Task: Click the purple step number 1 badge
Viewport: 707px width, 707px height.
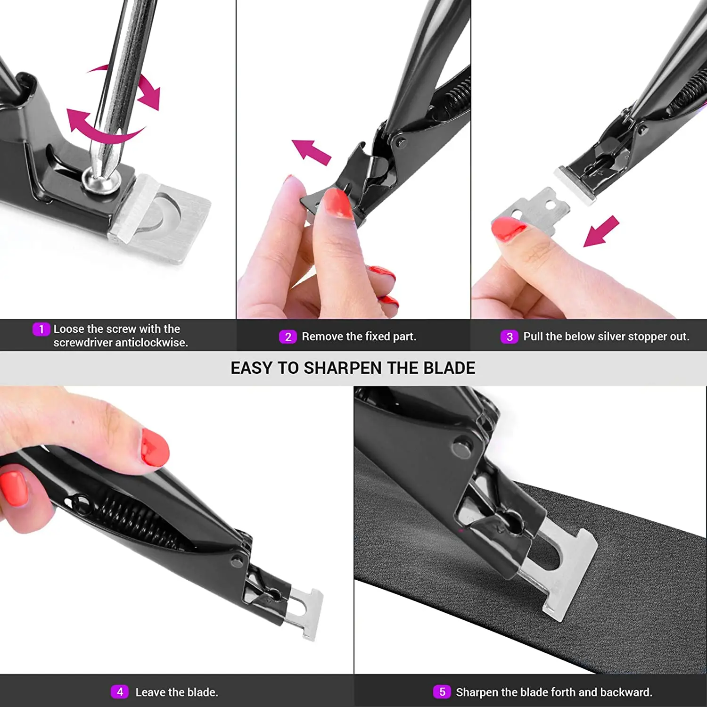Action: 41,329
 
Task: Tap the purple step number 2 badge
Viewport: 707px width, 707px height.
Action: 288,337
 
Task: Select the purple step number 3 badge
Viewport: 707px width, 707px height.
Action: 509,337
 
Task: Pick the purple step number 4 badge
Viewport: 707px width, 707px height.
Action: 120,692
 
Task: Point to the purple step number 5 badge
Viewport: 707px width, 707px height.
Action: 442,692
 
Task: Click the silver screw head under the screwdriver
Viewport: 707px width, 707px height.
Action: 100,180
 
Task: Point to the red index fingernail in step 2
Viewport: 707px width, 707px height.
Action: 338,203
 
